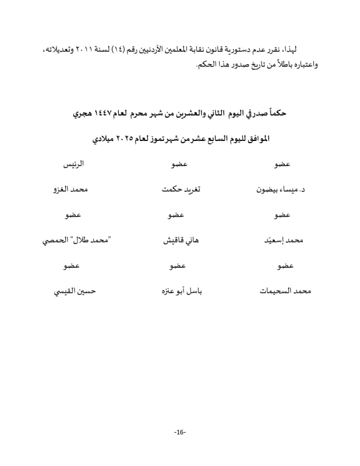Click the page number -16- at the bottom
click(179, 432)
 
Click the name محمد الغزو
click(70, 190)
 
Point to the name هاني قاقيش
click(180, 240)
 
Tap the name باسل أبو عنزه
click(179, 290)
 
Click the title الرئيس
click(73, 165)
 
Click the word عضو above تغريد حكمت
click(179, 165)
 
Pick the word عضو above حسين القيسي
click(73, 266)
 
